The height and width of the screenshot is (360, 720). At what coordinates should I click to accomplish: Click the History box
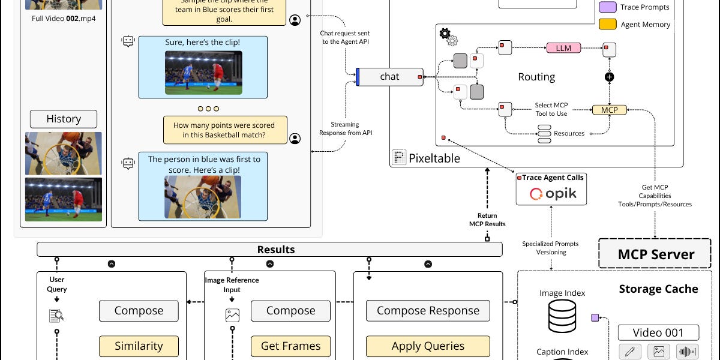pyautogui.click(x=64, y=119)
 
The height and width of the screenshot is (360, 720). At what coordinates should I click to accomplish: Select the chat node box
pyautogui.click(x=389, y=77)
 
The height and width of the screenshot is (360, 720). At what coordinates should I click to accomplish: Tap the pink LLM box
pyautogui.click(x=563, y=48)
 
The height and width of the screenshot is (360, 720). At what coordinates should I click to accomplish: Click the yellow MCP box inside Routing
pyautogui.click(x=609, y=110)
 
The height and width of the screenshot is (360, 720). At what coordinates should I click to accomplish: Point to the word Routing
pyautogui.click(x=536, y=77)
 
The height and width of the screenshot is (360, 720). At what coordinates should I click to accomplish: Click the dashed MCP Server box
pyautogui.click(x=655, y=254)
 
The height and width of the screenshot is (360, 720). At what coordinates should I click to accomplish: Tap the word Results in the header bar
pyautogui.click(x=275, y=250)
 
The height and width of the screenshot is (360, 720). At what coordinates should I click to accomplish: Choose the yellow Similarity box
pyautogui.click(x=139, y=346)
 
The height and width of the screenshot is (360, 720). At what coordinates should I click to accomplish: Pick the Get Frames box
pyautogui.click(x=290, y=346)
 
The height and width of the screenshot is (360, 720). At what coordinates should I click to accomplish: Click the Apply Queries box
pyautogui.click(x=428, y=346)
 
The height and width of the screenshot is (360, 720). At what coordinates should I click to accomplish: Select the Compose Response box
pyautogui.click(x=428, y=311)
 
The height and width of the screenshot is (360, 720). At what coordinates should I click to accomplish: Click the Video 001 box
pyautogui.click(x=658, y=332)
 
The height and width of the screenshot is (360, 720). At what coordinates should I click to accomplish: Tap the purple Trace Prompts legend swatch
pyautogui.click(x=607, y=7)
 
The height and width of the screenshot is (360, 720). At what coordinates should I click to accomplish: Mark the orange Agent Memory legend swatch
pyautogui.click(x=607, y=25)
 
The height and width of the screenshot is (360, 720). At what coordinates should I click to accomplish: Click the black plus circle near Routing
pyautogui.click(x=609, y=77)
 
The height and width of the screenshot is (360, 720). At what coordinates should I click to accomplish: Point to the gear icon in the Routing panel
pyautogui.click(x=447, y=35)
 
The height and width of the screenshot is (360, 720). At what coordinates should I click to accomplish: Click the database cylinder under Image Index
pyautogui.click(x=562, y=316)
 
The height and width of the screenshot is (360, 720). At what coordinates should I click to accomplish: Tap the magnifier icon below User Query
pyautogui.click(x=56, y=315)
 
